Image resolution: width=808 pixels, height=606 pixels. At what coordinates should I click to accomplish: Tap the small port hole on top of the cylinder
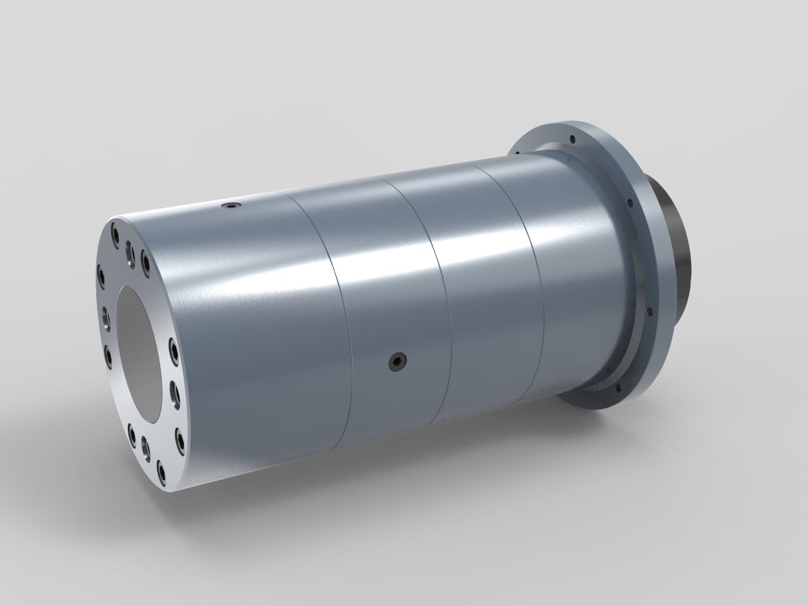[230, 206]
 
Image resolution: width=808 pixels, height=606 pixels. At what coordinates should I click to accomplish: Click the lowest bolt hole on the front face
[163, 474]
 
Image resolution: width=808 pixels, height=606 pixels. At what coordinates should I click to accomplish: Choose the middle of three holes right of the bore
[174, 390]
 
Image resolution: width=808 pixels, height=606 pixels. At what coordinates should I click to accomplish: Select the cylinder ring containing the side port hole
[387, 308]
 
